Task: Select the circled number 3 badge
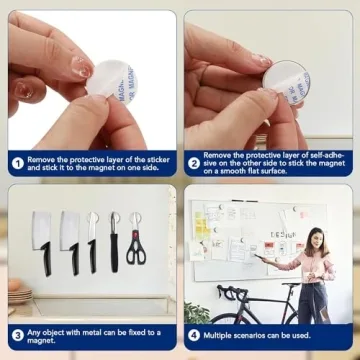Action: coord(18,335)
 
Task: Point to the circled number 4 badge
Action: coord(194,335)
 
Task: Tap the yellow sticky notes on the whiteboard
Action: coord(203,223)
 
